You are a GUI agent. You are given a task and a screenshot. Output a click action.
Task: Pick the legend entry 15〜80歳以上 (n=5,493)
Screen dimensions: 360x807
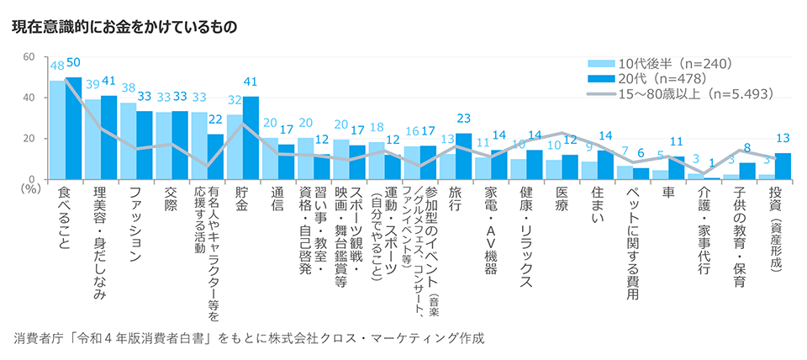[x=681, y=94]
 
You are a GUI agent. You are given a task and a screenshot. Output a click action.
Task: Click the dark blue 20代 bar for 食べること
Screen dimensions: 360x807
[x=73, y=128]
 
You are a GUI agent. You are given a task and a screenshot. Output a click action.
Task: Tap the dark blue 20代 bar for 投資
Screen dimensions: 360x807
[x=783, y=166]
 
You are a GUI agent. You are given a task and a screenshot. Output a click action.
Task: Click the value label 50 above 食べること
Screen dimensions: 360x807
[x=73, y=63]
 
